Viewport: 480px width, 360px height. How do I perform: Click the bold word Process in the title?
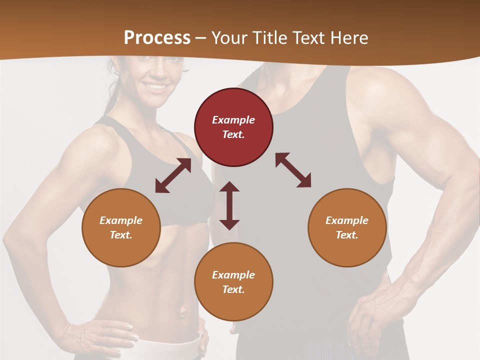[x=157, y=37]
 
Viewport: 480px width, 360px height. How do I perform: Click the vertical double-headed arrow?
[x=229, y=205]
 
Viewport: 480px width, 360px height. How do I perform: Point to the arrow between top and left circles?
[x=173, y=175]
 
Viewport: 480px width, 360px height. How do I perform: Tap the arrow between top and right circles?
[x=293, y=170]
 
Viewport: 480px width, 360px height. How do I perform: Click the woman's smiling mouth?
[x=157, y=86]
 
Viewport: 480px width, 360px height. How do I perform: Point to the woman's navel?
[x=183, y=313]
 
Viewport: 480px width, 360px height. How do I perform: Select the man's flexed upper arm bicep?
[x=400, y=130]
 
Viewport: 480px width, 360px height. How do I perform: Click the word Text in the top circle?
[x=233, y=134]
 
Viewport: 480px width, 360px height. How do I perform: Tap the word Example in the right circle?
[x=347, y=220]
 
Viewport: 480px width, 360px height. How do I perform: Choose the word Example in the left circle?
[x=121, y=220]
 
